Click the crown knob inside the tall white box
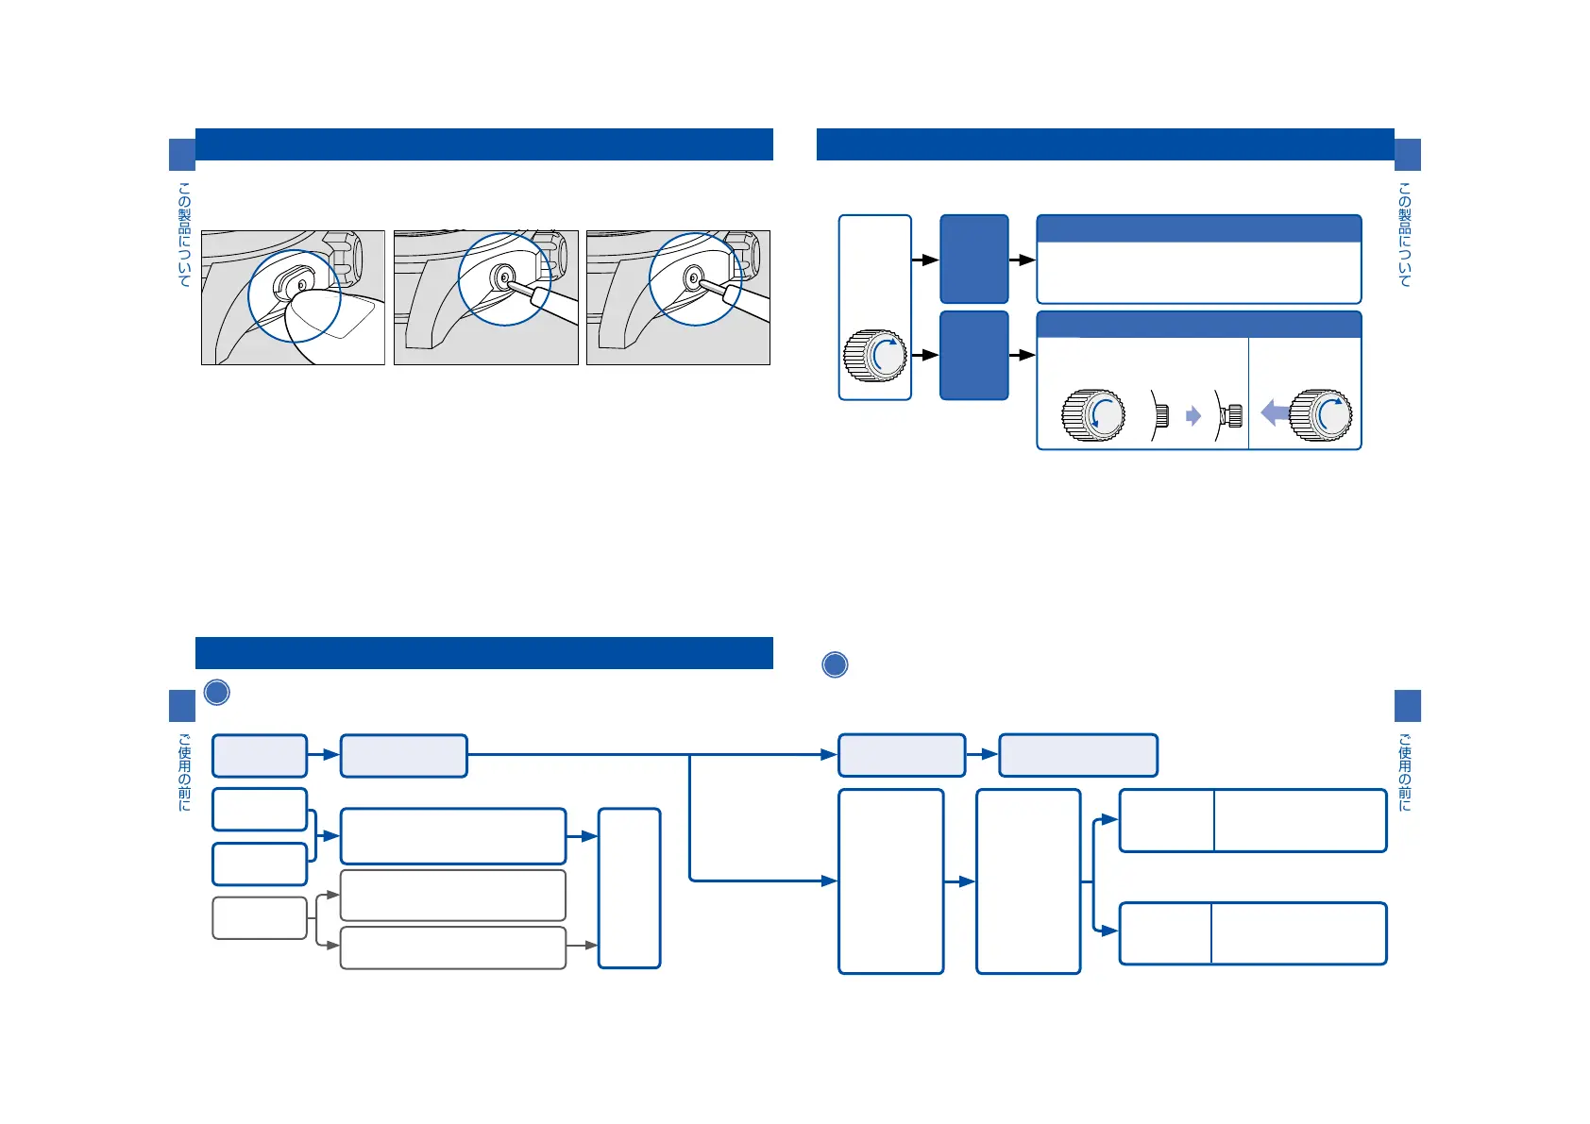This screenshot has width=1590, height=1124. click(x=874, y=356)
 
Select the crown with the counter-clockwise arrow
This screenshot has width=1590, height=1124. click(x=1093, y=415)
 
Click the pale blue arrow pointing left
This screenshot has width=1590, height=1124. click(x=1275, y=412)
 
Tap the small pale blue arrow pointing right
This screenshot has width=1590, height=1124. click(x=1193, y=416)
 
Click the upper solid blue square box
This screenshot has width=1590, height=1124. click(x=974, y=259)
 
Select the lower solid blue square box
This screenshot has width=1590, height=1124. click(x=974, y=355)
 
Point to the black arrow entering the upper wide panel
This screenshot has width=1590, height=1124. click(x=1023, y=260)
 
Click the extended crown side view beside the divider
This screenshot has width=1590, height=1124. click(x=1229, y=415)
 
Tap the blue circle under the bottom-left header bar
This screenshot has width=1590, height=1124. click(x=217, y=693)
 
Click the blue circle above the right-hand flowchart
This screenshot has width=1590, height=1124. click(x=835, y=664)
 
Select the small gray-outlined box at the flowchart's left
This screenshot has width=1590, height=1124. click(x=260, y=918)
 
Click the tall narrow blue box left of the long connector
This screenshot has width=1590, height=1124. click(x=630, y=888)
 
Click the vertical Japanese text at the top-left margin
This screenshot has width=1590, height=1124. click(x=184, y=234)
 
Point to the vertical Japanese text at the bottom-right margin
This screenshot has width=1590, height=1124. click(x=1405, y=772)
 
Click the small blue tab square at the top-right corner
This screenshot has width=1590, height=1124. click(x=1407, y=155)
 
